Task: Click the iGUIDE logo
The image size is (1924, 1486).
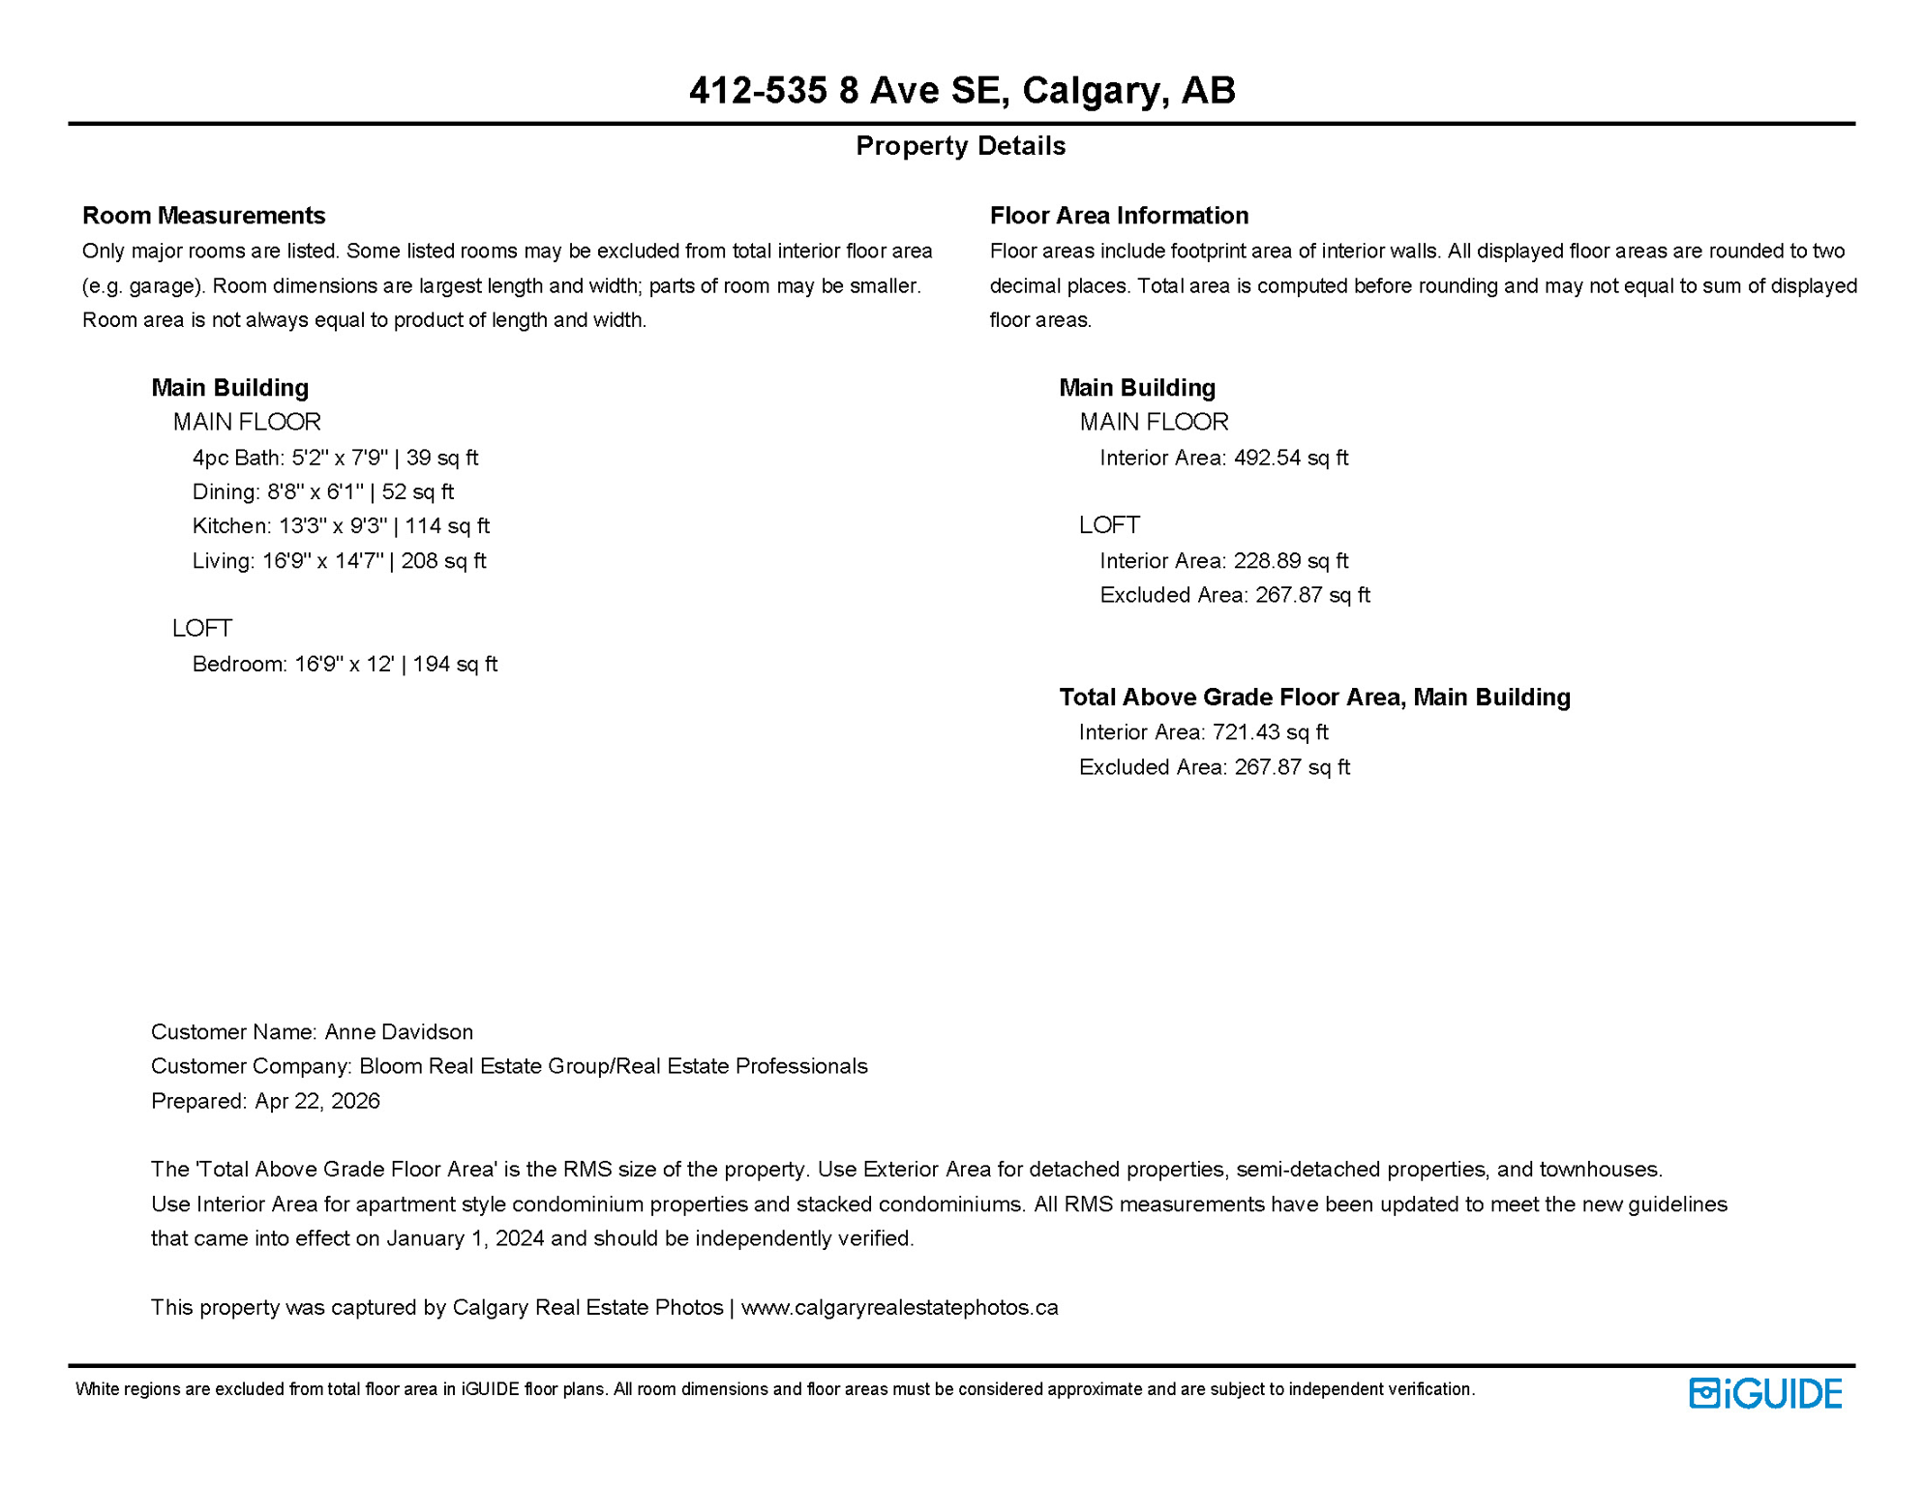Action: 1764,1393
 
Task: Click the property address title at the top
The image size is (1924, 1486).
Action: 961,90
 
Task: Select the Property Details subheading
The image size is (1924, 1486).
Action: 960,146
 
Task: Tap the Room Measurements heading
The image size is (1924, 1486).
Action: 203,215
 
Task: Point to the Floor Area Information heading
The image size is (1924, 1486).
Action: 1118,215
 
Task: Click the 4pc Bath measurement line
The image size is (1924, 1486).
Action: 335,458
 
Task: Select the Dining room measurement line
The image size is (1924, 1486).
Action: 322,491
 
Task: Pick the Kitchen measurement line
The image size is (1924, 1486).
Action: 341,526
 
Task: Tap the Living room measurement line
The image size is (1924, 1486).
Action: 339,561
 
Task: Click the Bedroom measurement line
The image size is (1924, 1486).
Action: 345,664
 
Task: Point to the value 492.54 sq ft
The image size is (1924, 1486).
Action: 1290,458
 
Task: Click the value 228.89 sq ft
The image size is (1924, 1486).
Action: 1290,561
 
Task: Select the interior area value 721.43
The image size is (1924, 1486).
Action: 1270,732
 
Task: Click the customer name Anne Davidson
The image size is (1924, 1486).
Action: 399,1031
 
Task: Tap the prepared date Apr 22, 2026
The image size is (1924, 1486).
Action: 317,1101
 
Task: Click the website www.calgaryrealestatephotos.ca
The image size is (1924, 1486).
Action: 899,1307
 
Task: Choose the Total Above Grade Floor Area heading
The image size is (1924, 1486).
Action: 1314,697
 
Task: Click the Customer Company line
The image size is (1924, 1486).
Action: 509,1066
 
